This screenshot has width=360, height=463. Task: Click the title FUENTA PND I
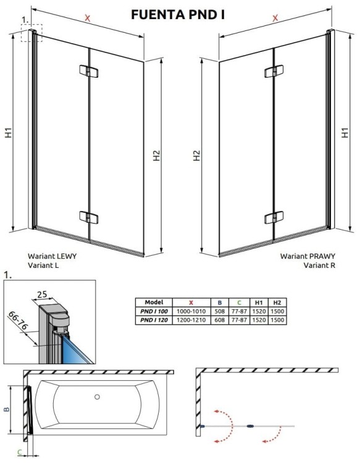coord(178,13)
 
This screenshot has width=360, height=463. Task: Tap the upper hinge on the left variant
coord(89,72)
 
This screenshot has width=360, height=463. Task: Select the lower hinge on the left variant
coord(89,217)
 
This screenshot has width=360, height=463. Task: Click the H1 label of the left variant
coord(8,133)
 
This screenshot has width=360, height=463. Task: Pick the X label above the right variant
coord(274,19)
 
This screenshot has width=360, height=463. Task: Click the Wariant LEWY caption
coord(52,255)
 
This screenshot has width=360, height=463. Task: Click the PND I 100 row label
coord(153,311)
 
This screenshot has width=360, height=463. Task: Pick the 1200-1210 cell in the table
coord(191,319)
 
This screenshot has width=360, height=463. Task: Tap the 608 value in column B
coord(219,319)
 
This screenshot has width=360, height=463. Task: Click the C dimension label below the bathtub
coord(20,453)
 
